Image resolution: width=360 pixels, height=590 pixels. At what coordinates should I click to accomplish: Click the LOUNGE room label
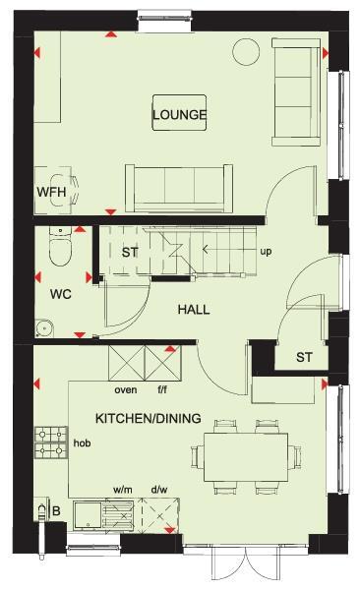180,115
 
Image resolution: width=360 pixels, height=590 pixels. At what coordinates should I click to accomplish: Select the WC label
61,294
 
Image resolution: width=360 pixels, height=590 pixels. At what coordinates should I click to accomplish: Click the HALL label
194,309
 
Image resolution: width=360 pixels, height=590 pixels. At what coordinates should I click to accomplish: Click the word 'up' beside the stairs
266,252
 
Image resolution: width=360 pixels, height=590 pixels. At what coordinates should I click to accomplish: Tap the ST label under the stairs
129,252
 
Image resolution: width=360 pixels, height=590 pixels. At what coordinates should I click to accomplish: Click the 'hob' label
83,443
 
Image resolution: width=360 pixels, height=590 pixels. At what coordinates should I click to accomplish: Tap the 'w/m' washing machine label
123,488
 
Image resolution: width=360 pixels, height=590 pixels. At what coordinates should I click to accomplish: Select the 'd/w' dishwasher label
158,488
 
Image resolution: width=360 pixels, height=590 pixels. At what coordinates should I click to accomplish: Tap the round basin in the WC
44,327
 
